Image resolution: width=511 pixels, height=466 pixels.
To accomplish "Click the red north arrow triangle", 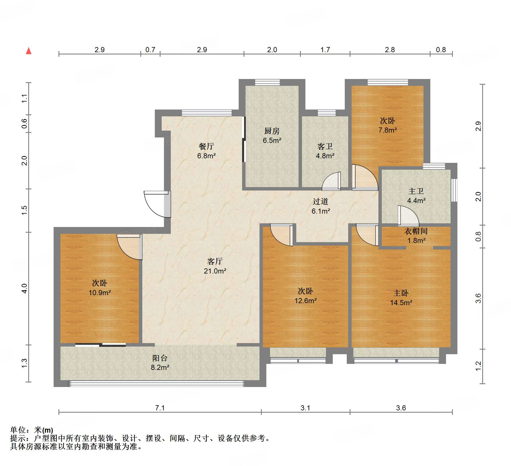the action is [x=29, y=51].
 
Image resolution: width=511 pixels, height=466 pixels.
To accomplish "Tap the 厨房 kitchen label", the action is [x=272, y=131].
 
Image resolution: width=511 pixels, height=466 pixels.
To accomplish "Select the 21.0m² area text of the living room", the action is [x=215, y=271].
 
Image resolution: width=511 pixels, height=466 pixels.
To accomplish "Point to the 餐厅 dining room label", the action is [x=206, y=146].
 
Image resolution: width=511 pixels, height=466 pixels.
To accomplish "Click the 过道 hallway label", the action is [x=321, y=201].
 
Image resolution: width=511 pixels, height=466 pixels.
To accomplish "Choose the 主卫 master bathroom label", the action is [x=416, y=191].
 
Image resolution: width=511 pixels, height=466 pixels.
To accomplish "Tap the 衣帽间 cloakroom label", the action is [x=416, y=231].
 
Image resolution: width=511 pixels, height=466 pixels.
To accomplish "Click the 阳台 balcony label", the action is [x=160, y=358].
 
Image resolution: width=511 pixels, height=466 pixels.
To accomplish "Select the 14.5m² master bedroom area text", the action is [x=401, y=303].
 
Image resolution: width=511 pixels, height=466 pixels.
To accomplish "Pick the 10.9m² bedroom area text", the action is [x=100, y=293].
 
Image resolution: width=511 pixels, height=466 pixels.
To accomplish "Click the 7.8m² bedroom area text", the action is [x=388, y=130].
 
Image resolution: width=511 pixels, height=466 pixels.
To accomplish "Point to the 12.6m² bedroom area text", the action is [x=305, y=301].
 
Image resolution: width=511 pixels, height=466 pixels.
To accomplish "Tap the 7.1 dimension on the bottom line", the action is [x=160, y=408].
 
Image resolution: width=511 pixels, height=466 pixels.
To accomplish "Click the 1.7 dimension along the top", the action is [x=325, y=50].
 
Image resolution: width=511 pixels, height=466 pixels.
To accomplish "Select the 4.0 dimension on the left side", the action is [x=25, y=288].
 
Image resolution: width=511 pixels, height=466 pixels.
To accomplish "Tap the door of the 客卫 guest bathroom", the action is [x=331, y=181].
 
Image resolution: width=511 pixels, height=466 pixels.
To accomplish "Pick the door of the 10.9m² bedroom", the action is [x=130, y=247].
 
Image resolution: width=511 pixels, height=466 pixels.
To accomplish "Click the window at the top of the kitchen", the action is [x=267, y=82].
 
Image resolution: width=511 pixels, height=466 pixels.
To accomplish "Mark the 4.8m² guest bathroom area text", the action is [x=325, y=156].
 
